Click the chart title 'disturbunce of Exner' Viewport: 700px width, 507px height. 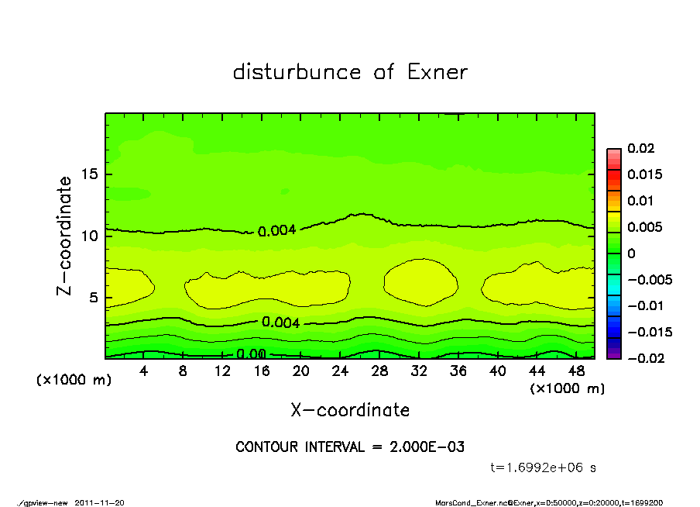point(350,72)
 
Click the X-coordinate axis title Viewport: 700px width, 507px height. point(350,410)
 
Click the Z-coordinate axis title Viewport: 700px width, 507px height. point(65,236)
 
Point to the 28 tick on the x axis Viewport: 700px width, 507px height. point(379,371)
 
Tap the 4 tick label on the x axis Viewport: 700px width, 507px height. point(143,371)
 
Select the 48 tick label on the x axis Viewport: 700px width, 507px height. point(575,371)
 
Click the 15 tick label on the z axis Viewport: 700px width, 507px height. point(89,174)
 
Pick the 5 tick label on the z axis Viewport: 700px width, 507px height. point(93,297)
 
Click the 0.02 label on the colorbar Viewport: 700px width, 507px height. point(640,148)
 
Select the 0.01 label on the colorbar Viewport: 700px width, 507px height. point(640,201)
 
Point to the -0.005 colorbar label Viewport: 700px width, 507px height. point(650,279)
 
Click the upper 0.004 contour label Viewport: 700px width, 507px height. point(276,231)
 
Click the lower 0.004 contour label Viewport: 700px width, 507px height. point(280,322)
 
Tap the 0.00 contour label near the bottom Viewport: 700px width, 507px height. point(252,354)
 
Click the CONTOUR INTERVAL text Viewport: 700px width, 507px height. point(350,447)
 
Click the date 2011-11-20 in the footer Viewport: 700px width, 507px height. point(99,502)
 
